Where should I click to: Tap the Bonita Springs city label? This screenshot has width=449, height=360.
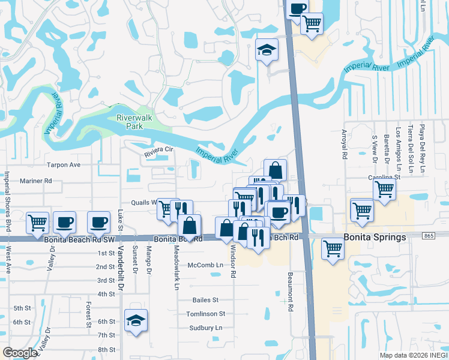pos(374,237)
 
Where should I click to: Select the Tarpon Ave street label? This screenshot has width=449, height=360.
pos(63,164)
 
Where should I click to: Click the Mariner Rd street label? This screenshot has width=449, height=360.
pos(36,180)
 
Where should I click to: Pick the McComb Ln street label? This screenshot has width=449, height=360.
pos(205,265)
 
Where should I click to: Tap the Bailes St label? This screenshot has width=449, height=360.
pos(205,299)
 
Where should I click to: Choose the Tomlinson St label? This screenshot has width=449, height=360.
pos(205,313)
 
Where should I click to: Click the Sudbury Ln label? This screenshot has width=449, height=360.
pos(205,328)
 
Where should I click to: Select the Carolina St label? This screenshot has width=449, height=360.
pos(385,178)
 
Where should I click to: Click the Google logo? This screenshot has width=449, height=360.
pos(19,353)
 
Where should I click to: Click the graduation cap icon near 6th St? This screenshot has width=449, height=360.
pos(136,322)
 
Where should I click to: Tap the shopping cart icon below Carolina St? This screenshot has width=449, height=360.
pos(384,190)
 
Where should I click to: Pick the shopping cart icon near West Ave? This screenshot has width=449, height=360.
pos(37,222)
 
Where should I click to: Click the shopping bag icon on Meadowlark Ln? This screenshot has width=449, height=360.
pos(189,227)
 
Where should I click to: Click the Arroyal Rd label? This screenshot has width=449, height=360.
pos(345,145)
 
